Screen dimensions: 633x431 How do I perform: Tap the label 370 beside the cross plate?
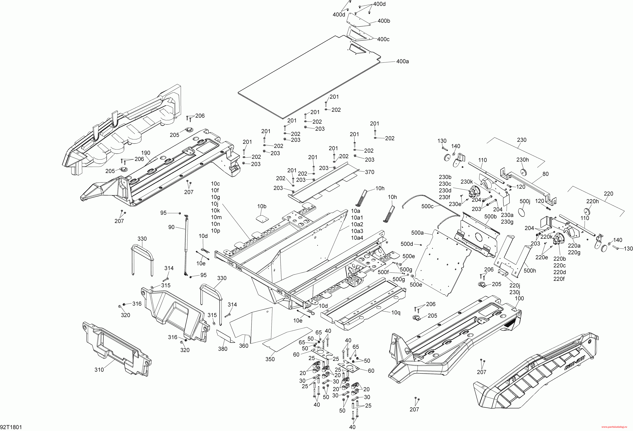370,172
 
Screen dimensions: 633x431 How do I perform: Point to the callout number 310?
99,370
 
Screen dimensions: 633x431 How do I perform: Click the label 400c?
383,39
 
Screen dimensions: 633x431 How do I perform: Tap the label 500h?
530,271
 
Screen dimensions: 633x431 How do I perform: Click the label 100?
519,298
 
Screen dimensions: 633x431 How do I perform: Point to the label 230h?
522,160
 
